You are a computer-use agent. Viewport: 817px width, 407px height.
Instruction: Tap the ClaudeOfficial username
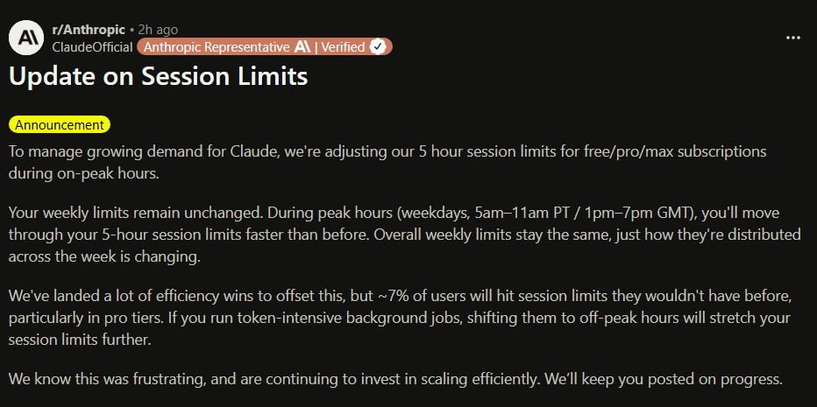pyautogui.click(x=92, y=46)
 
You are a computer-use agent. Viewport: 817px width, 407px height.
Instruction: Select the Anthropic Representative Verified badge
pyautogui.click(x=264, y=46)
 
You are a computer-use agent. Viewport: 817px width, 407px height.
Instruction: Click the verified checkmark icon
pyautogui.click(x=378, y=46)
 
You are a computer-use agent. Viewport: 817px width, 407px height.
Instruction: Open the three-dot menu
pyautogui.click(x=793, y=38)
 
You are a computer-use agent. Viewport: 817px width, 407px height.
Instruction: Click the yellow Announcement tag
pyautogui.click(x=60, y=124)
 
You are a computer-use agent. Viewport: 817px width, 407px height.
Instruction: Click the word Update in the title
pyautogui.click(x=49, y=76)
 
